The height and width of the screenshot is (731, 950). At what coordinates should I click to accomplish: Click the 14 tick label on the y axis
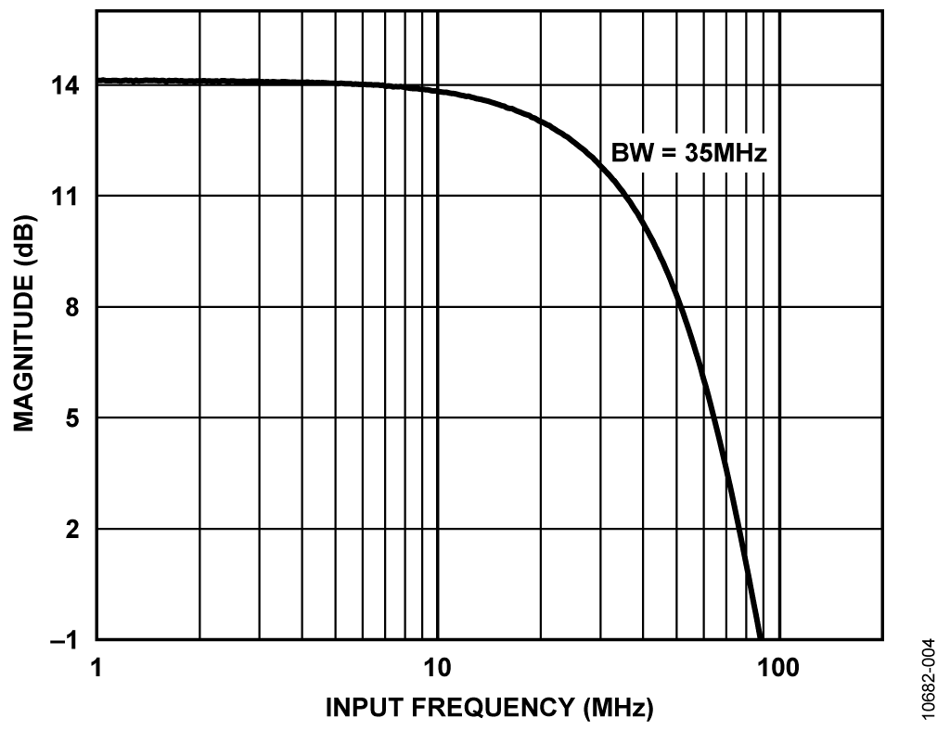pos(69,85)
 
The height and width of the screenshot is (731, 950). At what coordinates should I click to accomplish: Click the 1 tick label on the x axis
pos(96,667)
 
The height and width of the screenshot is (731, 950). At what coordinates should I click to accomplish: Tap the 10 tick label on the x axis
pos(437,667)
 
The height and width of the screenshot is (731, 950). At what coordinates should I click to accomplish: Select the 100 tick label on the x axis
pos(778,667)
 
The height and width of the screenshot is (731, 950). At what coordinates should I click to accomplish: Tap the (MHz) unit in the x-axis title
pos(618,708)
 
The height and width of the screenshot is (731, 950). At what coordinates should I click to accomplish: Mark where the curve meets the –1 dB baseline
pos(761,639)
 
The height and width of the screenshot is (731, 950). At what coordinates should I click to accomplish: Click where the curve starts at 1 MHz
pos(97,81)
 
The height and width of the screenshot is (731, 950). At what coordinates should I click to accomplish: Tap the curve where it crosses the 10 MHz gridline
pos(437,92)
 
